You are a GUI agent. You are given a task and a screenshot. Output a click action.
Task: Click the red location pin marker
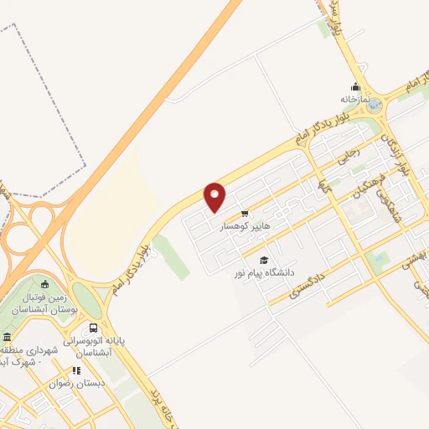(215, 197)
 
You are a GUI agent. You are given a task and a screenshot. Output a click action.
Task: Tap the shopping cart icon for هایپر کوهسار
(244, 214)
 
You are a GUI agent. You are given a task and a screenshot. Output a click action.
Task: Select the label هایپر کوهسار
(245, 227)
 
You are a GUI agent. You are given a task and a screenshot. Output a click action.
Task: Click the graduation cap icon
(264, 260)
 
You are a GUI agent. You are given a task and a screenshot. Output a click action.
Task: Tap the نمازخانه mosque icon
(355, 86)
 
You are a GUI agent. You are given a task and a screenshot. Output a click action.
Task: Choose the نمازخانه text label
(354, 99)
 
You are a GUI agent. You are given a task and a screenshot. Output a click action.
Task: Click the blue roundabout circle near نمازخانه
(374, 106)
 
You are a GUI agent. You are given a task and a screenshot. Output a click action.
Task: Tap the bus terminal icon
(93, 328)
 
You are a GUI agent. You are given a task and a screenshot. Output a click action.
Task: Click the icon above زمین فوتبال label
(45, 284)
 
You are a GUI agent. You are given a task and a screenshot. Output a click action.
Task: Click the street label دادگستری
(308, 282)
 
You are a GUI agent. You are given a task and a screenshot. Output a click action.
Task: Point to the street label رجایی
(348, 154)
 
